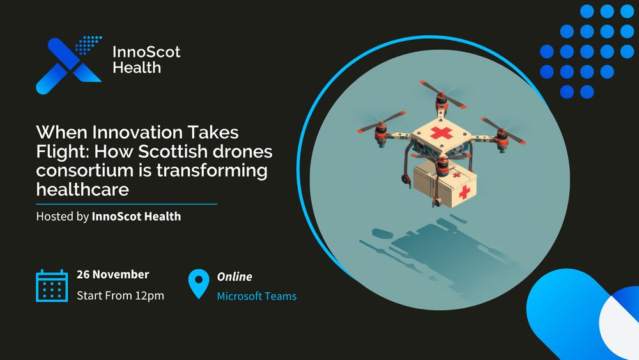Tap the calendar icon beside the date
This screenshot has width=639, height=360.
click(x=52, y=285)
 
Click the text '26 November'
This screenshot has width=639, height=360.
click(x=112, y=274)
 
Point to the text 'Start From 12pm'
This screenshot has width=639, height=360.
click(x=120, y=295)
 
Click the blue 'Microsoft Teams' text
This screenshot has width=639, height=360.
click(x=256, y=296)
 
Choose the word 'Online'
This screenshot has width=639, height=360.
click(x=235, y=277)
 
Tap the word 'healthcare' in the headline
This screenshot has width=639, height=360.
click(x=82, y=190)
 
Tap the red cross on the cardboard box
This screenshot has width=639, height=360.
click(x=464, y=191)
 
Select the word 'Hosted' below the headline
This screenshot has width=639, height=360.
click(x=54, y=216)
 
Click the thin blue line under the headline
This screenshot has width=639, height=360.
click(x=127, y=204)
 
